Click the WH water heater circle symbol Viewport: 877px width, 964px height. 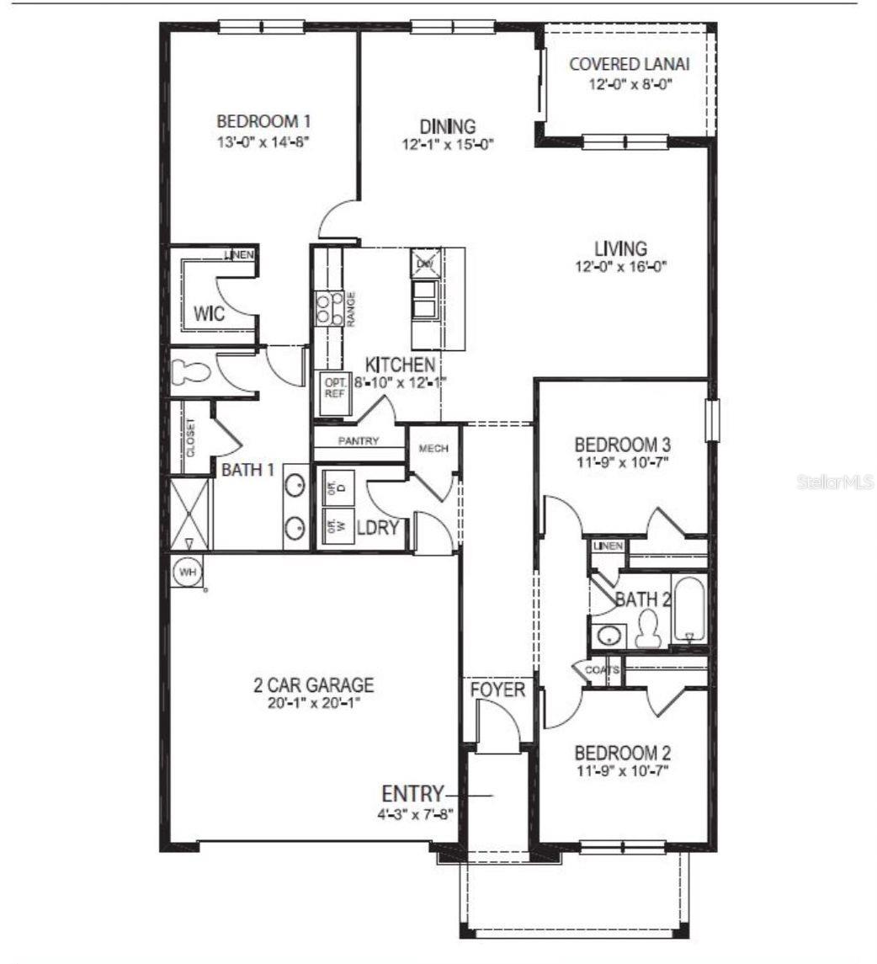pos(187,573)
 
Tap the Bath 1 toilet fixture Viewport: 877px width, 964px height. pos(188,373)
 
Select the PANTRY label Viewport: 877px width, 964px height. pos(359,441)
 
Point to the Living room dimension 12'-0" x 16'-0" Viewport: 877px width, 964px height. pos(620,268)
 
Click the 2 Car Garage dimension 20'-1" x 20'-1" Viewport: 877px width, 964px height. pos(314,701)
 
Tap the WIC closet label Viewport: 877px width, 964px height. pos(209,314)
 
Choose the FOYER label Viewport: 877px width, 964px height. pos(497,690)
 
